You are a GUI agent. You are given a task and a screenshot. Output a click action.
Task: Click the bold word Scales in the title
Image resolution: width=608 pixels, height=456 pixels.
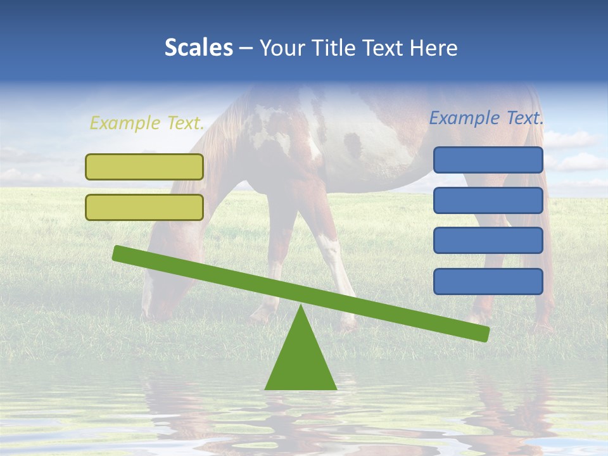click(198, 48)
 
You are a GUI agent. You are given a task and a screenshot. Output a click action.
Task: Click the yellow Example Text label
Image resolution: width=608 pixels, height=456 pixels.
click(147, 123)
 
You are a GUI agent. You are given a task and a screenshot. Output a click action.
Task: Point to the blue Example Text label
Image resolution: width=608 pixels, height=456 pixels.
click(486, 118)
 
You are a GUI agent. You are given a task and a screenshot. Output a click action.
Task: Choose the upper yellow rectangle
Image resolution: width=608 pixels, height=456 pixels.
click(144, 167)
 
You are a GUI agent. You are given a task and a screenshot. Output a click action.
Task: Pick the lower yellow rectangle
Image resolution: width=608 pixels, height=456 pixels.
click(144, 207)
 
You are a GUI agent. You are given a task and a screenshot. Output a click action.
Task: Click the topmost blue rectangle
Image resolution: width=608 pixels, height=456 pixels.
click(488, 160)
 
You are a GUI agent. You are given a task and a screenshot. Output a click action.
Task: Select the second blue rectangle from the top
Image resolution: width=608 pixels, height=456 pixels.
click(488, 200)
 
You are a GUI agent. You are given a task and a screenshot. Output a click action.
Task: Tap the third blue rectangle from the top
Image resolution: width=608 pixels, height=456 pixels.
click(488, 241)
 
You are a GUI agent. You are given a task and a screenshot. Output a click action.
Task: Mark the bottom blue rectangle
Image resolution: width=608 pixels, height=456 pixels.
click(488, 281)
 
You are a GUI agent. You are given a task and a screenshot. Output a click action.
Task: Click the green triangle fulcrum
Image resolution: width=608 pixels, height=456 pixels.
click(300, 361)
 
